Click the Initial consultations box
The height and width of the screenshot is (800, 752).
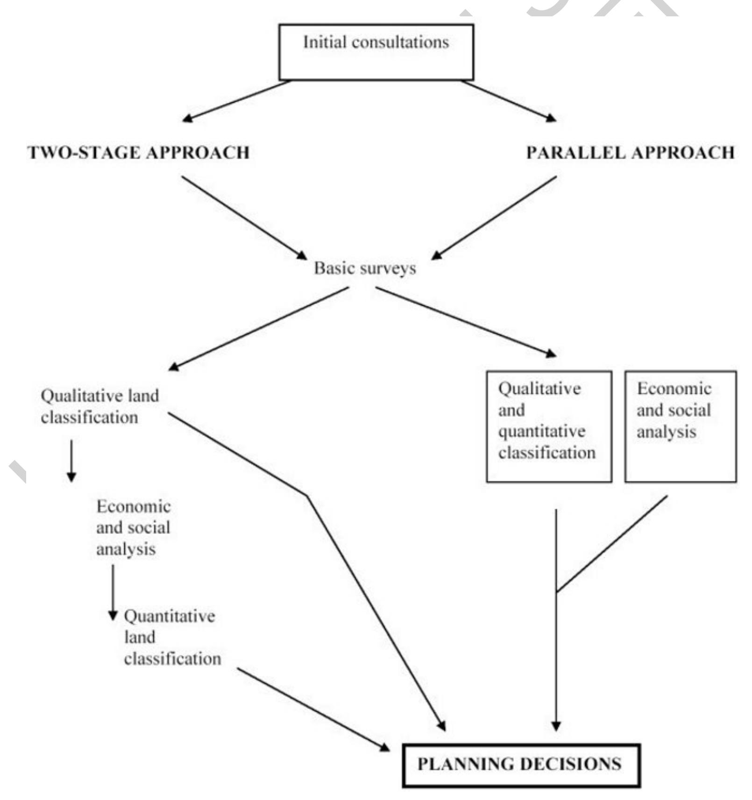pos(376,52)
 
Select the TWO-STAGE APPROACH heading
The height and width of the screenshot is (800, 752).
pos(139,153)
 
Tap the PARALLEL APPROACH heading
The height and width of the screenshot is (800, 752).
pos(630,153)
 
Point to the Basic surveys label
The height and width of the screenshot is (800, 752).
pos(365,268)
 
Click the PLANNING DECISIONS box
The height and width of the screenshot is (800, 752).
pos(521,765)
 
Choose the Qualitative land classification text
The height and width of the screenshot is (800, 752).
pos(99,407)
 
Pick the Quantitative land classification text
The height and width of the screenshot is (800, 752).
pos(171,637)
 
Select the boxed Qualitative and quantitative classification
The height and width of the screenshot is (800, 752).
pos(549,426)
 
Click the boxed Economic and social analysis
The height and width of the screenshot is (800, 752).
pos(681,426)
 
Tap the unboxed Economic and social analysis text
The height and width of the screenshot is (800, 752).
pos(133,527)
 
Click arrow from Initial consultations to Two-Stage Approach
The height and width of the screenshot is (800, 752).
pos(236,101)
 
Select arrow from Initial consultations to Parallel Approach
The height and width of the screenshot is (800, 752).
pos(509,101)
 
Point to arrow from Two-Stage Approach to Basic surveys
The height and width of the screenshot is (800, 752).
pos(244,217)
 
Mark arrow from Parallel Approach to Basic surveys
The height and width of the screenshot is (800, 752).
pos(494,217)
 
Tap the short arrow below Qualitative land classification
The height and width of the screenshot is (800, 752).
pos(71,460)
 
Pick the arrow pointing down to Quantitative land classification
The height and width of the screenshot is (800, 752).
pos(113,592)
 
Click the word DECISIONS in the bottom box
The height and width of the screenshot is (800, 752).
pos(570,765)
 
